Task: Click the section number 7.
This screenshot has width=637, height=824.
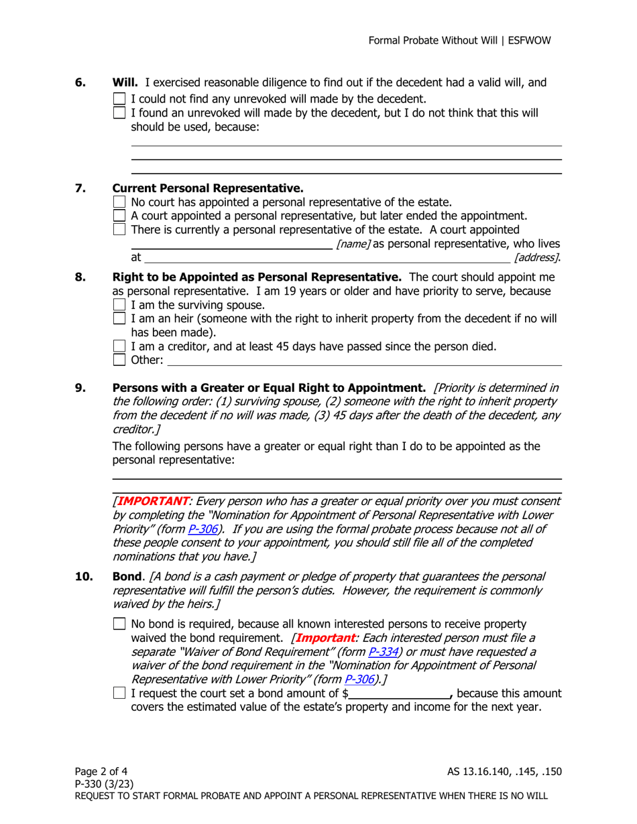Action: tap(80, 188)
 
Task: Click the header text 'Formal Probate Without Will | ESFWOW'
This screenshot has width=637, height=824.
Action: tap(459, 41)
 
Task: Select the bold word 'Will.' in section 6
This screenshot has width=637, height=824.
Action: tap(125, 83)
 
